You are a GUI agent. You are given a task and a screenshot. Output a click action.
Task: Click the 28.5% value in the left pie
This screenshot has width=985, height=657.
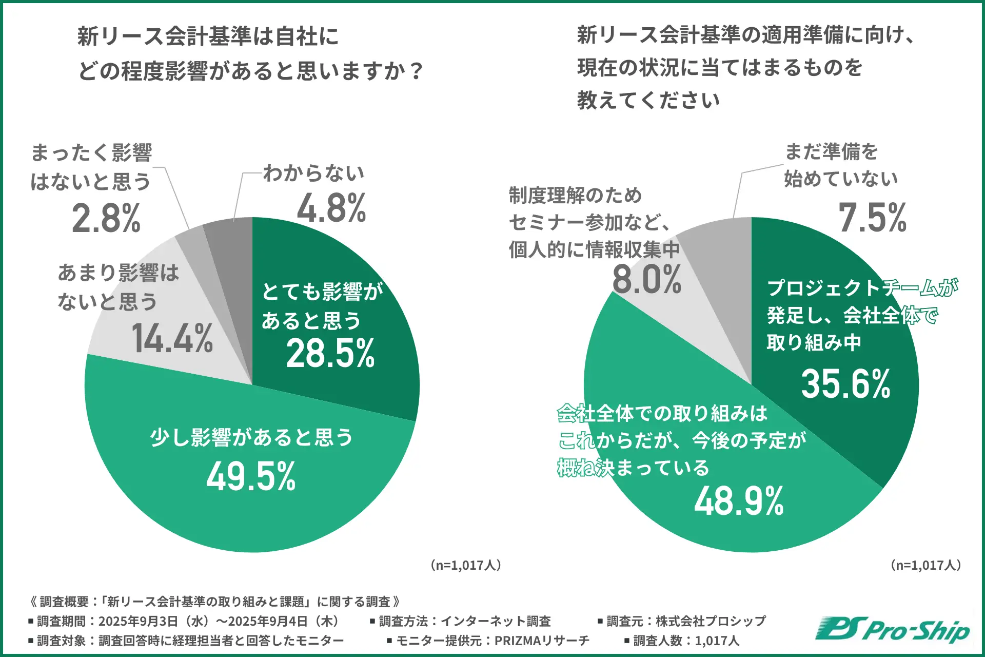[330, 354]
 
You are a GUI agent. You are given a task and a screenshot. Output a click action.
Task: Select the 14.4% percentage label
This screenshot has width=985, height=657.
[172, 339]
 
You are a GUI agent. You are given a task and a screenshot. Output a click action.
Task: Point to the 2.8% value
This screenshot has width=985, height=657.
[106, 219]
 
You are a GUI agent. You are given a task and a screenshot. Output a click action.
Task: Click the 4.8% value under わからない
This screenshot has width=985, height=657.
[331, 208]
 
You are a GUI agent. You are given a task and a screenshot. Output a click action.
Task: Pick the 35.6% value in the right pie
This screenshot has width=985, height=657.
[845, 384]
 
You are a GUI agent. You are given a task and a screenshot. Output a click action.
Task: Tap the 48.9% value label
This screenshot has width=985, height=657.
[739, 501]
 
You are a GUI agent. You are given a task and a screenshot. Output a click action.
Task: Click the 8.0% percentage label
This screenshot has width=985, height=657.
[646, 280]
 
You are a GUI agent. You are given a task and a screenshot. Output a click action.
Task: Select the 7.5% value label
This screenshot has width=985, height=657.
[872, 218]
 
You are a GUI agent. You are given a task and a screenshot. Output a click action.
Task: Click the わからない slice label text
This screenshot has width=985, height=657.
[313, 173]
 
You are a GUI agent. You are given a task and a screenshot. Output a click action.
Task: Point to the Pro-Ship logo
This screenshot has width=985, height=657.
[893, 630]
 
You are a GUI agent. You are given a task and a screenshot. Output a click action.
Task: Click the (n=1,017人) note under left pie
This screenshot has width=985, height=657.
[466, 565]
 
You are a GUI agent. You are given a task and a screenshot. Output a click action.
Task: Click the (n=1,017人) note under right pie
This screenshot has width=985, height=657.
[925, 565]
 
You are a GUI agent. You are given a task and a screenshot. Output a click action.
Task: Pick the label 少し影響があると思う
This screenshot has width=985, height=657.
[251, 438]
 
